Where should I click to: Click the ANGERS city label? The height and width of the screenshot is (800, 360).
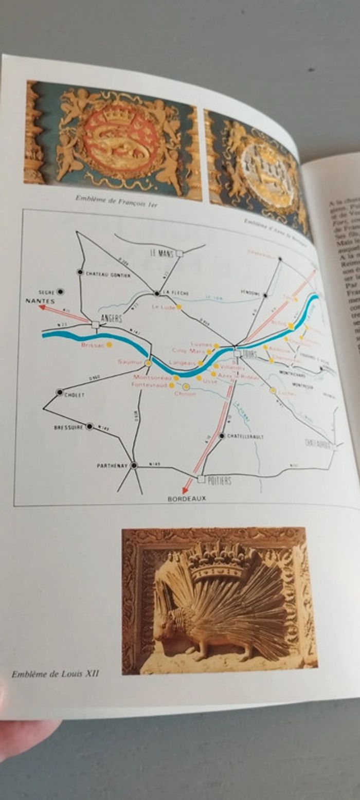[x=111, y=318]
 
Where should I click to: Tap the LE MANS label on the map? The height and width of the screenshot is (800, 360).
[x=160, y=252]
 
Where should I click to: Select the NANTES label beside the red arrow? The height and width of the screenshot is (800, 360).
[x=40, y=301]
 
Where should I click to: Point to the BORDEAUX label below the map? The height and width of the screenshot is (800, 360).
[x=187, y=498]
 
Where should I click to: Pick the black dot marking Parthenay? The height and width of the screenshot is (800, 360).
[x=134, y=465]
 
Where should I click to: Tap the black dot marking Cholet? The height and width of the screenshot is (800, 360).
[x=60, y=392]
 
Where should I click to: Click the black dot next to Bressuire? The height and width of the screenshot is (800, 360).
[x=89, y=426]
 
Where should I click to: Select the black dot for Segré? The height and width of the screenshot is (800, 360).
[x=60, y=292]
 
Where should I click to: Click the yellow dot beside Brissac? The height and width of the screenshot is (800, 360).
[x=109, y=345]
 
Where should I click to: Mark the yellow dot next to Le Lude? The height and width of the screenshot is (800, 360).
[x=178, y=307]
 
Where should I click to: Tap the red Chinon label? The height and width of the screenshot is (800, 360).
[x=185, y=394]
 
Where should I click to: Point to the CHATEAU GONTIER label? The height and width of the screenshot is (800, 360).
[x=108, y=275]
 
